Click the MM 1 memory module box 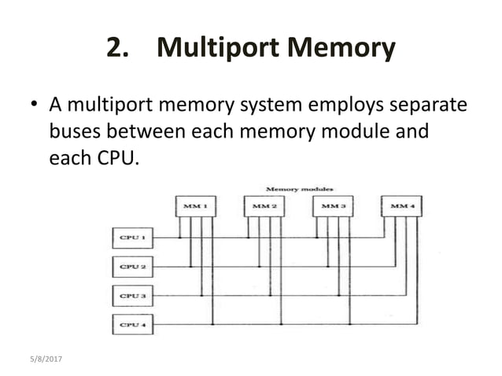(195, 206)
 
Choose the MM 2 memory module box (264, 206)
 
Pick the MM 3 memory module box (332, 206)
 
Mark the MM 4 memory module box (400, 206)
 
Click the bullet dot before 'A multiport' (34, 105)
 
